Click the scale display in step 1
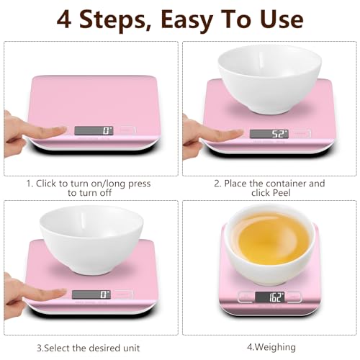click(x=94, y=131)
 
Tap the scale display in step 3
click(x=91, y=294)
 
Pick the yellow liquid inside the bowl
click(x=270, y=247)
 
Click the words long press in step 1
click(x=125, y=184)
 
